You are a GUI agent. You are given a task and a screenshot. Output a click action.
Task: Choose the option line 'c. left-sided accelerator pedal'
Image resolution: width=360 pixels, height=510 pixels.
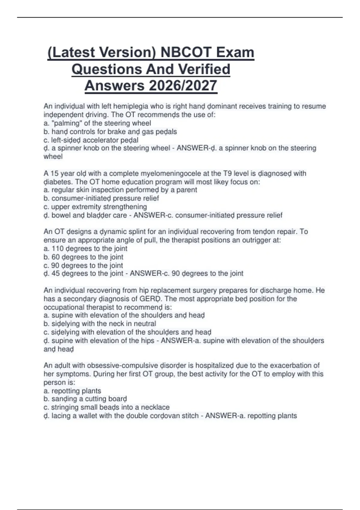pyautogui.click(x=91, y=140)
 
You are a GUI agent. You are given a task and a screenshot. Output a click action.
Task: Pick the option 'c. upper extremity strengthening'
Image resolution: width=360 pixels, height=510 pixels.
pyautogui.click(x=95, y=207)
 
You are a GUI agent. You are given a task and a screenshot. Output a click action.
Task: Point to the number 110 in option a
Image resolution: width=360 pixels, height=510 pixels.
pyautogui.click(x=58, y=248)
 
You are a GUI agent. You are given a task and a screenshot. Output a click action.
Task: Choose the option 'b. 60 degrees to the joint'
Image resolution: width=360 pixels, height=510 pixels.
pyautogui.click(x=83, y=257)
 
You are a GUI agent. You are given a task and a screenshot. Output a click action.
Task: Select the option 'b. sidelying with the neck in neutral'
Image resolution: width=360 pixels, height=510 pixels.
pyautogui.click(x=100, y=324)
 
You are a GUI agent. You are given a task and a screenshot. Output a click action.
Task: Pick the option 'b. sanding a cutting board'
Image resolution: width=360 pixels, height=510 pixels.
pyautogui.click(x=85, y=399)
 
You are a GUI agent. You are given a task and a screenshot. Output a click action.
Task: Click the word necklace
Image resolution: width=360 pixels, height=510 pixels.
pyautogui.click(x=155, y=407)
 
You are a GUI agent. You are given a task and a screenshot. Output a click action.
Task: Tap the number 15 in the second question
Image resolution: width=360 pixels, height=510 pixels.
pyautogui.click(x=54, y=173)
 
